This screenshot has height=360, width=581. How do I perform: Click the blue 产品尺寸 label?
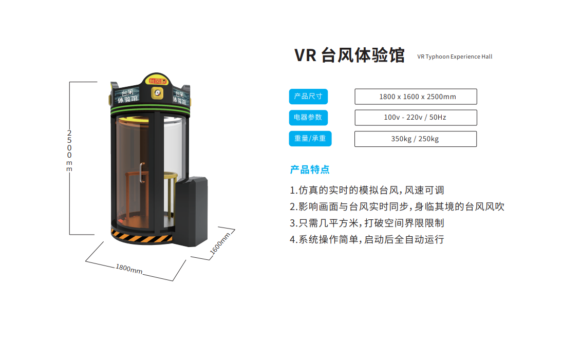coord(308,97)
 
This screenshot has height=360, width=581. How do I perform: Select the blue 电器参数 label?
coord(308,118)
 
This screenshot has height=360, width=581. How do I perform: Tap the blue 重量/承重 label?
coord(310,139)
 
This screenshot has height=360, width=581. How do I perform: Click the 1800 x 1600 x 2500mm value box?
coord(416,97)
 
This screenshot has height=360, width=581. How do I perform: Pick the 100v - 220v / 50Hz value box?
coord(416,118)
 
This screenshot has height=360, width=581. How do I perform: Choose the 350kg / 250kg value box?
coord(416,139)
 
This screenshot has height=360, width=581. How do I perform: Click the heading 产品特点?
coord(310,169)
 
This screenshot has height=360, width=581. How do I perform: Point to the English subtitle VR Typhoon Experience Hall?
coord(455,56)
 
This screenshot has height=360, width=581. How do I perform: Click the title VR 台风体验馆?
coord(349,55)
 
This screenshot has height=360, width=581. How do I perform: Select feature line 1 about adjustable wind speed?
coord(367,190)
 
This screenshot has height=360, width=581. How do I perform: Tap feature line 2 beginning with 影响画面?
coord(397,206)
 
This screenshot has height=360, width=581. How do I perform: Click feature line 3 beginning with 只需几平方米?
coord(367,223)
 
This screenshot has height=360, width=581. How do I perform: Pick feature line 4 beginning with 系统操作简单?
coord(367,239)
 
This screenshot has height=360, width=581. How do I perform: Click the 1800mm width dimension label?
coord(129,269)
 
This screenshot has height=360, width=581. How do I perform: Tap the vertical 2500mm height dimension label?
coord(69,151)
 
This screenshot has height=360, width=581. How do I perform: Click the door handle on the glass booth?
coord(142,172)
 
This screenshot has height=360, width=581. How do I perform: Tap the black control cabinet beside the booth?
coord(191,211)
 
